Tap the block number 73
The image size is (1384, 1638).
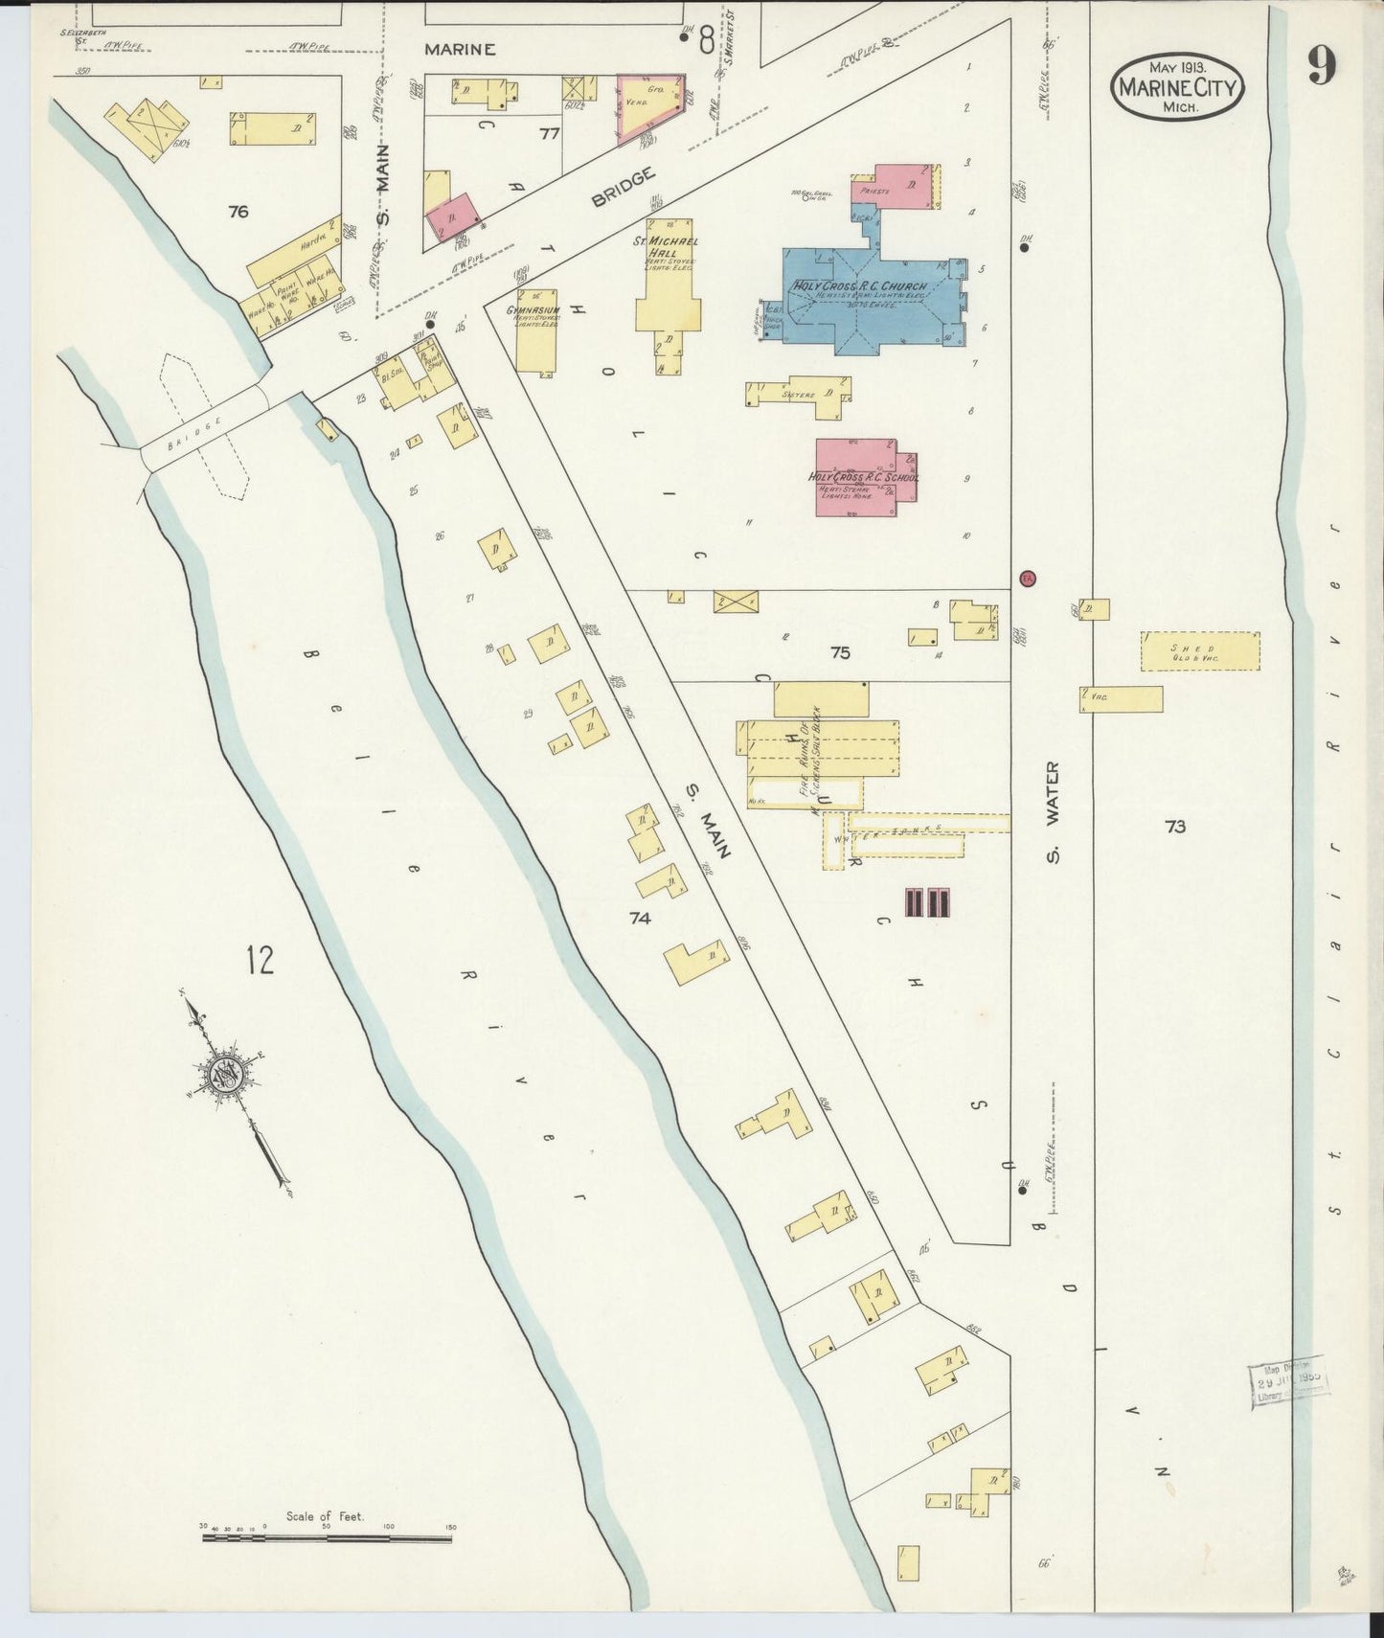1175,826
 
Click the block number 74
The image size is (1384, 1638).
640,919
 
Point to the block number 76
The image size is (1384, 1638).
238,212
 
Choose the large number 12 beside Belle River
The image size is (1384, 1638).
260,959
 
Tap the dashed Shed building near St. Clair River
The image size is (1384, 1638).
1199,651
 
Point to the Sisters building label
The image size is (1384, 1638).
798,394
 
